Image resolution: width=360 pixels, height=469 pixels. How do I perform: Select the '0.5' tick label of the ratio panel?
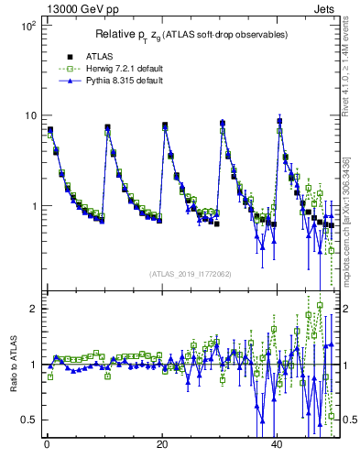tap(27, 420)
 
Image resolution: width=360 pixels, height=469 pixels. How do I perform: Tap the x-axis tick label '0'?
tap(47, 446)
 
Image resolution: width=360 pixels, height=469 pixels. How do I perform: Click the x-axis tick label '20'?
tap(162, 446)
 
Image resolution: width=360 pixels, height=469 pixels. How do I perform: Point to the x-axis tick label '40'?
tap(278, 446)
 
